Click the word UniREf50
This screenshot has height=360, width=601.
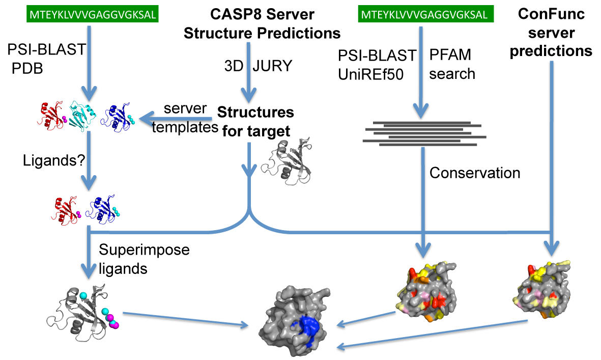click(x=370, y=74)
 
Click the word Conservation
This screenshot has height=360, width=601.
click(x=475, y=173)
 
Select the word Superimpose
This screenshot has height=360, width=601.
click(x=144, y=250)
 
